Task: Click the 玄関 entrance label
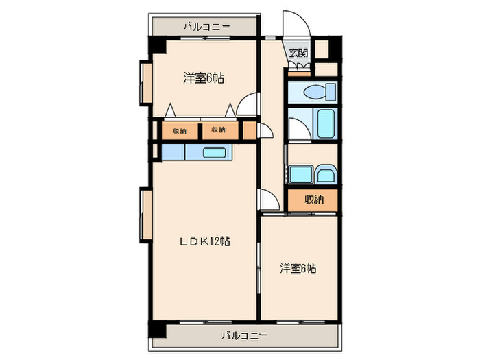coord(298,53)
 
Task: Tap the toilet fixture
coord(319,91)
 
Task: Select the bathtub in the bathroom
coord(325,123)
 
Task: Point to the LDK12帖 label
coord(204,241)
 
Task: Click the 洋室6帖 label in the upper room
coord(204,78)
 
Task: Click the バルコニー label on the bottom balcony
coord(244,336)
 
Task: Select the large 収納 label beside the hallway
coord(313,200)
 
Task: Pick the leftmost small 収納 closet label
coord(180,130)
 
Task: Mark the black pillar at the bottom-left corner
coord(158,328)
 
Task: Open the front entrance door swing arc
coord(296,24)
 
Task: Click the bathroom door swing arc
coord(296,128)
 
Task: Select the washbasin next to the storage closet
coord(326,175)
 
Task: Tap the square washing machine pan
coord(300,174)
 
